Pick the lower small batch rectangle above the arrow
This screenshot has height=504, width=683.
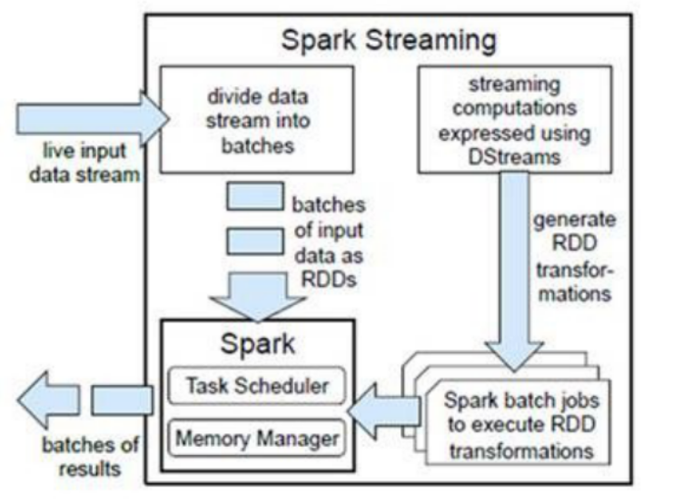pos(255,241)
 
